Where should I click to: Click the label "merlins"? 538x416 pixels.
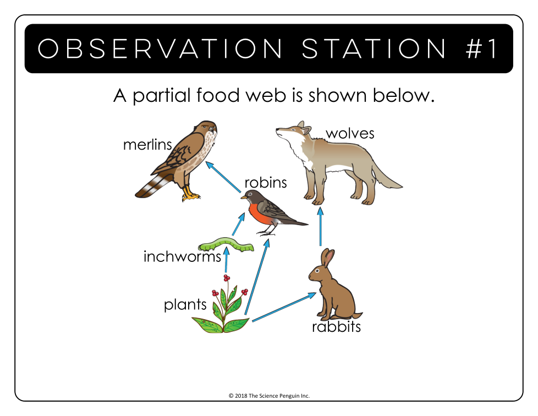click(x=147, y=145)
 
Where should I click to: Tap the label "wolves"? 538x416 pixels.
click(x=350, y=133)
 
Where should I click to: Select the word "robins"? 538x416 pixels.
click(x=266, y=182)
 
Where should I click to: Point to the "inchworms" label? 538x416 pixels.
click(x=182, y=257)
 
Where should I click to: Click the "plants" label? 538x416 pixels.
click(x=185, y=305)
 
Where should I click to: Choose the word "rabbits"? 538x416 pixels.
click(x=336, y=326)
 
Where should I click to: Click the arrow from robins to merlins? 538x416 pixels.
click(x=223, y=177)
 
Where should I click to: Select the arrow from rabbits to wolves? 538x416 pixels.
click(x=321, y=226)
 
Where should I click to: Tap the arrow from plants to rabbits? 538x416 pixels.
click(x=284, y=307)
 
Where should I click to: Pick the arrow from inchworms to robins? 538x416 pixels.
click(x=238, y=224)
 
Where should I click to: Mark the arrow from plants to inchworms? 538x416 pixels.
click(x=226, y=260)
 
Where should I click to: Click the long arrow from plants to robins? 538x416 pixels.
click(x=257, y=277)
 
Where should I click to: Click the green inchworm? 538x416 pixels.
click(x=226, y=244)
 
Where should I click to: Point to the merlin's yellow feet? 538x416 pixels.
click(x=190, y=194)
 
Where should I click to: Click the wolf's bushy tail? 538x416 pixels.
click(x=386, y=176)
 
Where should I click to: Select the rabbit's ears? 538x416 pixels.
click(x=327, y=258)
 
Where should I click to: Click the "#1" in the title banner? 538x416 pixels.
click(x=481, y=48)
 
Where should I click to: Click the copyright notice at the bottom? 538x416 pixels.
click(x=269, y=396)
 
